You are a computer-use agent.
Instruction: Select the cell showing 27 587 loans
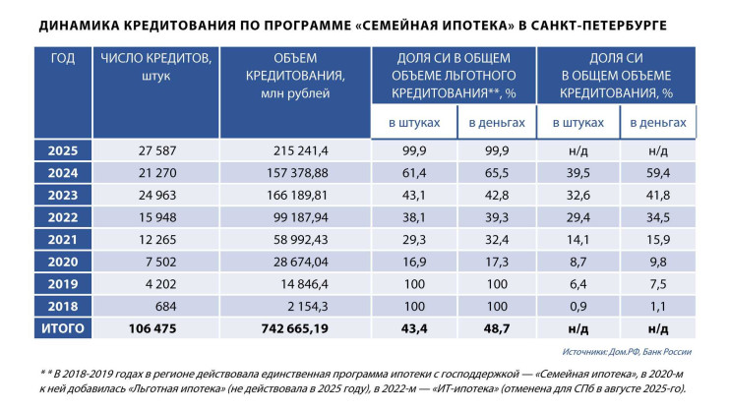click(156, 151)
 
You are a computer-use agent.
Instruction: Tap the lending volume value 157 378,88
click(296, 173)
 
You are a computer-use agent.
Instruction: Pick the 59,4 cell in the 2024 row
click(658, 173)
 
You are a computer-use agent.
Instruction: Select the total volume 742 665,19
click(295, 327)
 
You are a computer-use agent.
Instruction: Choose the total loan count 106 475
click(156, 327)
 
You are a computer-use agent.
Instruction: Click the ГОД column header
click(62, 58)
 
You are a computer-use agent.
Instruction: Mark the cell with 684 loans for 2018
click(156, 306)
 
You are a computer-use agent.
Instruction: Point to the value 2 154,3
click(296, 306)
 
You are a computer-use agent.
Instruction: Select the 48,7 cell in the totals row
click(498, 327)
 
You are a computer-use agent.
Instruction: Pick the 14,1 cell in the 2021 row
click(577, 239)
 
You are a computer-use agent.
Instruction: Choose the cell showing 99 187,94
click(296, 217)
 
